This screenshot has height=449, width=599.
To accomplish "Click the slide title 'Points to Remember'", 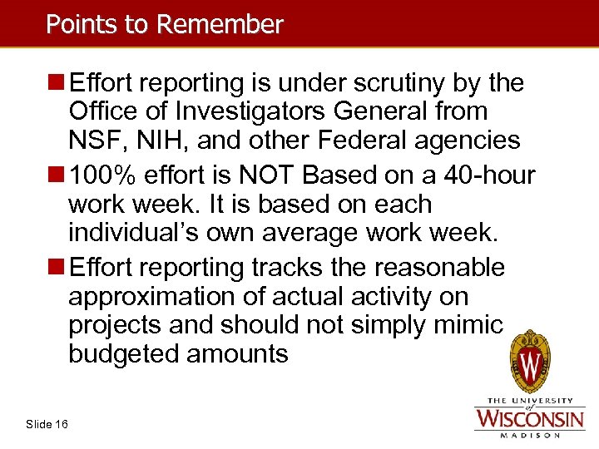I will pos(164,24).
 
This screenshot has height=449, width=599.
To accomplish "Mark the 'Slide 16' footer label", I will pos(47,425).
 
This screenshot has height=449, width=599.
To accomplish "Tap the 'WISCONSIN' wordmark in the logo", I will pos(529,417).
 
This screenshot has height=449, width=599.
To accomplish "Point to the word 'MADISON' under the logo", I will pos(529,434).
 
